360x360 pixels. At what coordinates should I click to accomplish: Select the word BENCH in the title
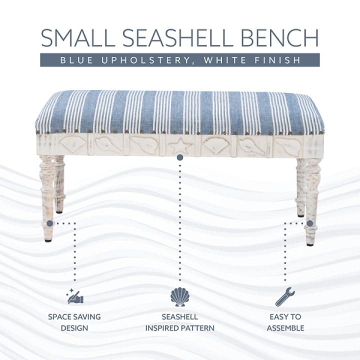[284, 38]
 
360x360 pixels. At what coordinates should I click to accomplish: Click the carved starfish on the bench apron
[180, 146]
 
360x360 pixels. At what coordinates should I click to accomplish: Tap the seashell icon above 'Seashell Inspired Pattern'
[180, 296]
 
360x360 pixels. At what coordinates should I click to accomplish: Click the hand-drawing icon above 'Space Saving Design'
[75, 296]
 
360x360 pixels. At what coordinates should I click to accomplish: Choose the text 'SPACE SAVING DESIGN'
[74, 322]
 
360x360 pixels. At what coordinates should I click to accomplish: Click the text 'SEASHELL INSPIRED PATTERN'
[180, 322]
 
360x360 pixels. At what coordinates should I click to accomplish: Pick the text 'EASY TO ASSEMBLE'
[285, 322]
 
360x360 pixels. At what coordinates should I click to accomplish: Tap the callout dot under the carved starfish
[180, 157]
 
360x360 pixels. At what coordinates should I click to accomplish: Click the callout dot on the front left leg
[49, 223]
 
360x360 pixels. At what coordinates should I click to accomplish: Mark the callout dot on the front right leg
[310, 223]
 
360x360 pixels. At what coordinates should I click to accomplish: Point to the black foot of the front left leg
[48, 240]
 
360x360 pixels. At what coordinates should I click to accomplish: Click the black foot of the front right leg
[310, 243]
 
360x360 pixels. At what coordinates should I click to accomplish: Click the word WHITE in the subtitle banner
[228, 60]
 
